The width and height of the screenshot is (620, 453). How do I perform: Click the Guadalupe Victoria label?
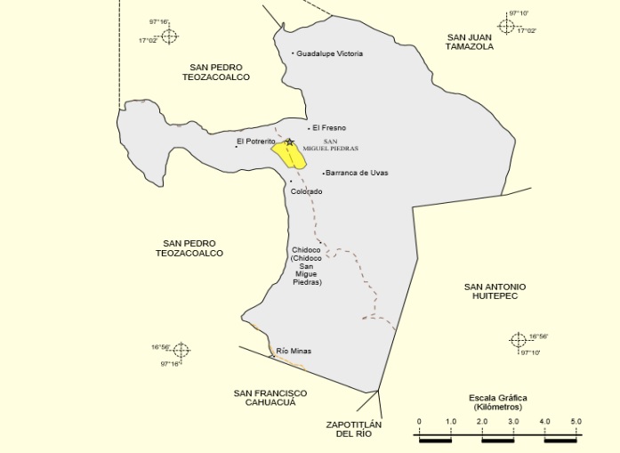click(329, 53)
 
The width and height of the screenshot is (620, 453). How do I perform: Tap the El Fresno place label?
click(328, 128)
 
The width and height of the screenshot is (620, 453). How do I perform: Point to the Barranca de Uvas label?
click(357, 173)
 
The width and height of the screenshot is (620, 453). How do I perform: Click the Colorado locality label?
click(306, 191)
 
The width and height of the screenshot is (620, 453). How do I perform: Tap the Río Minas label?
click(294, 351)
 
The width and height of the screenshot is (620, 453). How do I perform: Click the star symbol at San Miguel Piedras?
click(289, 142)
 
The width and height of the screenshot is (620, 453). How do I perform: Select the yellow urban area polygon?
click(291, 156)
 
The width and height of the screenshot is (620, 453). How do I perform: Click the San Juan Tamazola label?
click(470, 41)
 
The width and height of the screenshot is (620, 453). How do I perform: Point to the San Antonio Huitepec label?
click(495, 292)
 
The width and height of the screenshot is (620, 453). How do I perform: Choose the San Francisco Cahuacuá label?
click(270, 398)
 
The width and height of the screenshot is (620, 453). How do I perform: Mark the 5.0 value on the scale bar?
click(576, 421)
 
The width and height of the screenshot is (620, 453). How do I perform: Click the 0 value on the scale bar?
click(419, 421)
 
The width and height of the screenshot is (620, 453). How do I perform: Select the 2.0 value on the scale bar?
click(482, 421)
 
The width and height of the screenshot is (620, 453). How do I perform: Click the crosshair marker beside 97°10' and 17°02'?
click(506, 26)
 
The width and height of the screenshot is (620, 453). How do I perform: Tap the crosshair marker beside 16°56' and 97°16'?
click(181, 350)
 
